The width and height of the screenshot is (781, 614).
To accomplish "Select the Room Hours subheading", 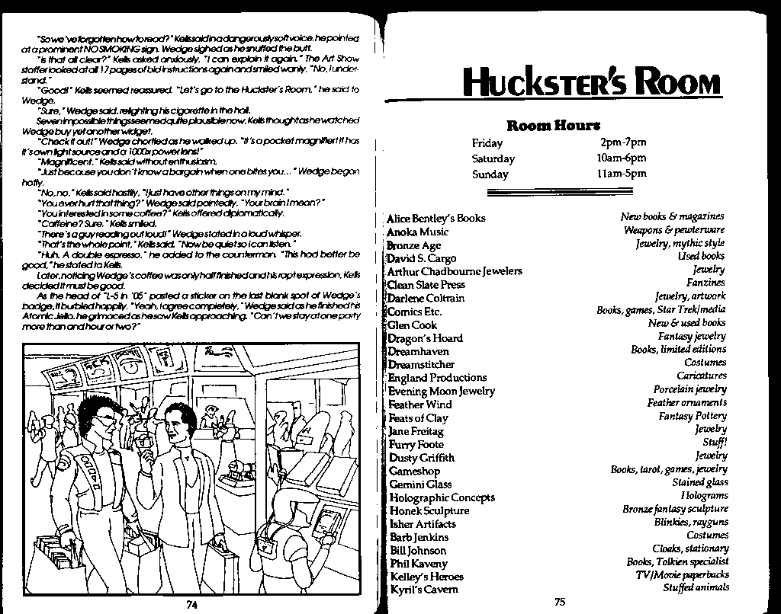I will (x=553, y=125).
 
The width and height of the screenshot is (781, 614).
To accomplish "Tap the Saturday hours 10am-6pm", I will (x=621, y=158).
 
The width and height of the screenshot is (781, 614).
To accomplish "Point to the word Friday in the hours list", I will (x=487, y=143).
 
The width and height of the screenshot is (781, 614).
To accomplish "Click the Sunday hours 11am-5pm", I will (x=622, y=173).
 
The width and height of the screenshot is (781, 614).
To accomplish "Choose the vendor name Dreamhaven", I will (x=419, y=351).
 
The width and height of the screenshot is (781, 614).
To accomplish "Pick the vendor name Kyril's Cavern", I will (x=424, y=590).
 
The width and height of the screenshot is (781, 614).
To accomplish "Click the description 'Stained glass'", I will (x=699, y=482).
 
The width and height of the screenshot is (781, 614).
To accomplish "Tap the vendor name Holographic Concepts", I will (x=442, y=497).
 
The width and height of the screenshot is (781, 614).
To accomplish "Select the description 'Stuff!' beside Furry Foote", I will (x=715, y=442).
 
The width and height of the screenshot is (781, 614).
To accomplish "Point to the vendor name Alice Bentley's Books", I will (x=436, y=218).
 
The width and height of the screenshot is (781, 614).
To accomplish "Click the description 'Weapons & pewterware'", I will (x=674, y=230).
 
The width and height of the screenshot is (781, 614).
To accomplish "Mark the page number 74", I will (x=191, y=605).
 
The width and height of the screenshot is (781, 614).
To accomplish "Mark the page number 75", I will (x=560, y=602).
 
